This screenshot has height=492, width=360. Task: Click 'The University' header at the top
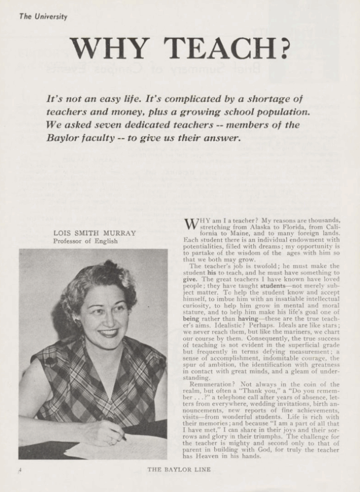click(x=43, y=17)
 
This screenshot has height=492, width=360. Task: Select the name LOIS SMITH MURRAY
click(x=95, y=233)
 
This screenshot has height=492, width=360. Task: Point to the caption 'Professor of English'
click(x=85, y=242)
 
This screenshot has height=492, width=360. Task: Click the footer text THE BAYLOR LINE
click(x=179, y=470)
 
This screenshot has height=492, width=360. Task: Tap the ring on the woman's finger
click(x=111, y=440)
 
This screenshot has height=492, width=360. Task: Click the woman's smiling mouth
click(x=108, y=333)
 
